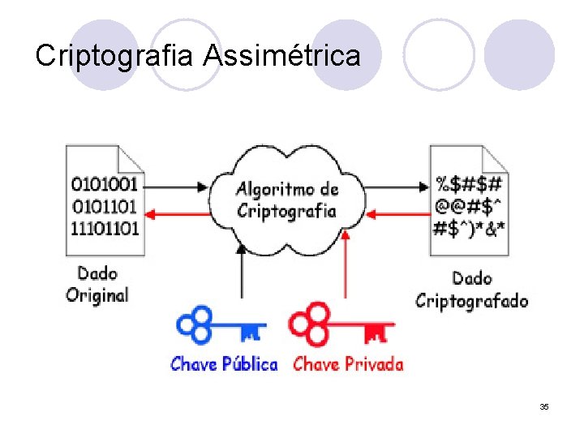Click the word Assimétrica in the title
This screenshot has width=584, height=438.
coord(281,56)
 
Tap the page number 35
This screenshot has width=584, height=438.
coord(543,406)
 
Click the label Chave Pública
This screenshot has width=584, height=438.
coord(224,364)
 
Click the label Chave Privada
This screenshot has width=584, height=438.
coord(348,364)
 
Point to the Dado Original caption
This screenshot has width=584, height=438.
coord(97,284)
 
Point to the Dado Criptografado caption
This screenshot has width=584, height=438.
coord(472,290)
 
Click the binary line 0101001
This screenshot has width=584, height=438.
coord(105,182)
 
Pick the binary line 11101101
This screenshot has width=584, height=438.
coord(105,227)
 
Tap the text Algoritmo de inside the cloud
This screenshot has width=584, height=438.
coord(286,190)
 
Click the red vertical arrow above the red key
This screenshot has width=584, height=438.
coord(346,264)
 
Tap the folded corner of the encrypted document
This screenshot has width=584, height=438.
coord(496,157)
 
